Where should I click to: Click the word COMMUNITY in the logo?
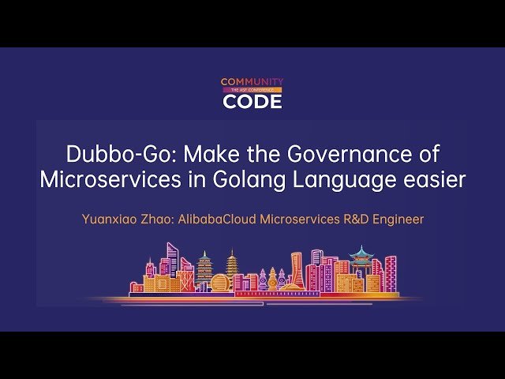[x=252, y=82]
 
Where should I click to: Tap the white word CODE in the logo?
[x=252, y=101]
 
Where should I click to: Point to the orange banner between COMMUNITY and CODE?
[x=252, y=91]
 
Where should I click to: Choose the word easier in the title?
[x=432, y=179]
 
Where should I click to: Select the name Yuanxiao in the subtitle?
[x=110, y=219]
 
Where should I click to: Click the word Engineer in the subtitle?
[x=399, y=219]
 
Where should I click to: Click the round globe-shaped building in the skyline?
[x=220, y=282]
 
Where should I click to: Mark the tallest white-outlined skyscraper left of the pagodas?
[x=172, y=265]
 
